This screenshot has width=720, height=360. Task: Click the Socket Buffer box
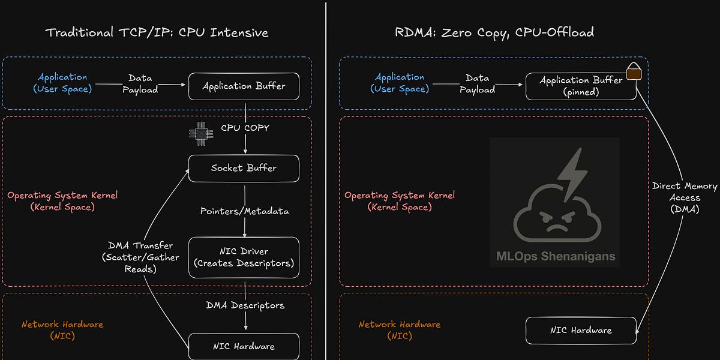click(244, 168)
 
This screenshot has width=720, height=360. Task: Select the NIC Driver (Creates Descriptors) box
click(244, 257)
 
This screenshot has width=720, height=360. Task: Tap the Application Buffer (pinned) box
click(580, 86)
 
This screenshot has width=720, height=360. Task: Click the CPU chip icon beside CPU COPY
click(197, 133)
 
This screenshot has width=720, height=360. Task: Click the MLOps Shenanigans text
click(555, 256)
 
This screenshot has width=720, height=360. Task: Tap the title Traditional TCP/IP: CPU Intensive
click(157, 32)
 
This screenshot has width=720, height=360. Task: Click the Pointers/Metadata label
click(244, 211)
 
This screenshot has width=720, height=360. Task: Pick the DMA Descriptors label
click(244, 305)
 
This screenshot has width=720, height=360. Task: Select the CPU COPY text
click(245, 128)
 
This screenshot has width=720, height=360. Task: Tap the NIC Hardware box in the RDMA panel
click(580, 331)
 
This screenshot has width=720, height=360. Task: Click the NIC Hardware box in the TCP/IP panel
click(244, 346)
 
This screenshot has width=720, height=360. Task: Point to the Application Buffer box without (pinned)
click(244, 86)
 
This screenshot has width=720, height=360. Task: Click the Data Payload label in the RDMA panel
click(477, 83)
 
